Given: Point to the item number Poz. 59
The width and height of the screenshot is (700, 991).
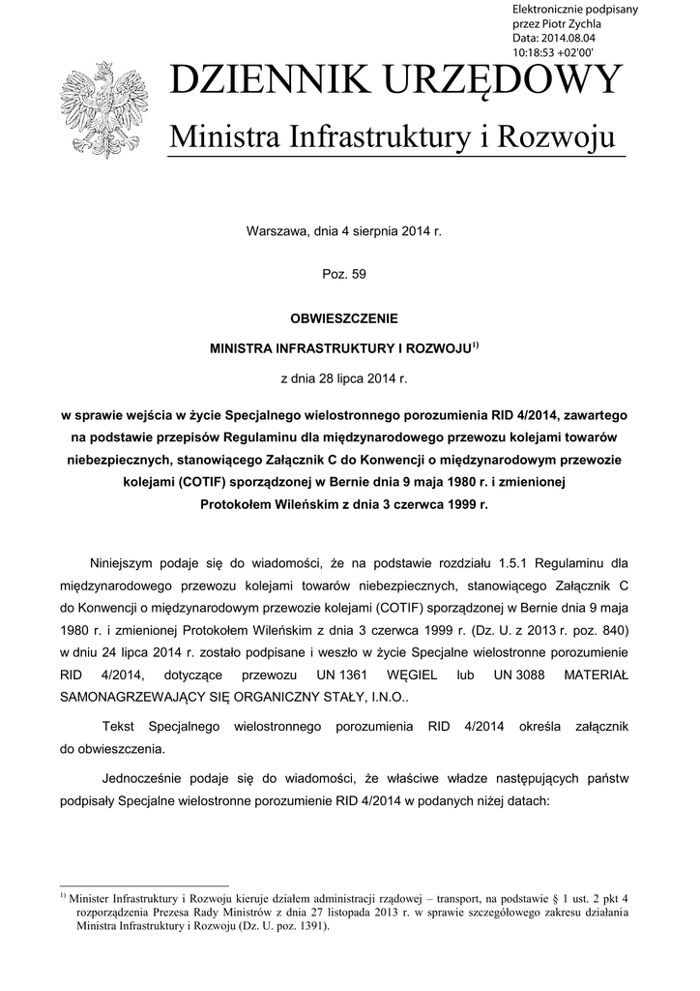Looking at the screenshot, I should click(344, 274).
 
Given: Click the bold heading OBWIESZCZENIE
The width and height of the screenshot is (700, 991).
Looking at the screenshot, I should click(344, 316).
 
